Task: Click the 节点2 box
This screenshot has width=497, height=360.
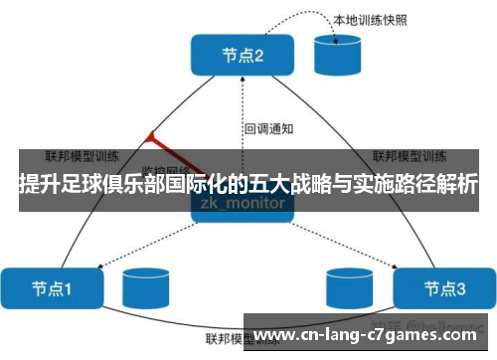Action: point(243,56)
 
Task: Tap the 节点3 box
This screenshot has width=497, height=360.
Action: point(444,289)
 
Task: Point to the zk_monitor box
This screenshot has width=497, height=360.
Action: point(243,203)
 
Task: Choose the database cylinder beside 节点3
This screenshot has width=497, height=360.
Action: point(348,288)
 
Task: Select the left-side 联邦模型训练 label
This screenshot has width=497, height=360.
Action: point(83,156)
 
